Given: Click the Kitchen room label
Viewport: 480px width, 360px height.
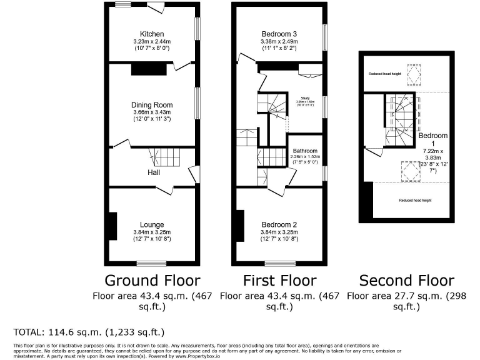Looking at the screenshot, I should [x=152, y=34].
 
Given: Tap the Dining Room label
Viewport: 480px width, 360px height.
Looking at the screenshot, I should [x=152, y=105].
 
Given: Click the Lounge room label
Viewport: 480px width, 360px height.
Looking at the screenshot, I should [x=152, y=225].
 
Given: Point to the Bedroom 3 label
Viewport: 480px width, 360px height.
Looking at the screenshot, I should [x=279, y=34].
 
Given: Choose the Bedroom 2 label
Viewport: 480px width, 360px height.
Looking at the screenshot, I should [x=279, y=225].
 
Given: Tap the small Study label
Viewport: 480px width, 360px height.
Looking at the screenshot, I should [x=306, y=98].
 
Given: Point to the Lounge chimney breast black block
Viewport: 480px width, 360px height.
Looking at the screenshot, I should [x=112, y=226].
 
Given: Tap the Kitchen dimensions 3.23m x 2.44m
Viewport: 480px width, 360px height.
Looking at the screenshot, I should [x=152, y=41].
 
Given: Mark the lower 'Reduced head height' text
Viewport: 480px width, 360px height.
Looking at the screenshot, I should [x=416, y=200].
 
